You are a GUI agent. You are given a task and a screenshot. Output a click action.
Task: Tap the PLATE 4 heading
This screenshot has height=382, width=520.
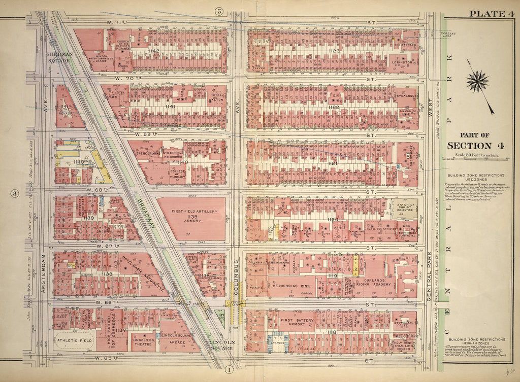tap(490, 14)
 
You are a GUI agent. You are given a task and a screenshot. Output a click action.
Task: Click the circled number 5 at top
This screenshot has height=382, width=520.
tap(219, 11)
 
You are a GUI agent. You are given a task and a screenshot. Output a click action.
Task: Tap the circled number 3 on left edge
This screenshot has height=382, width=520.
tap(15, 193)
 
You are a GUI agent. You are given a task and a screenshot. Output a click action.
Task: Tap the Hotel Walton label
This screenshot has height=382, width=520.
tap(216, 98)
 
